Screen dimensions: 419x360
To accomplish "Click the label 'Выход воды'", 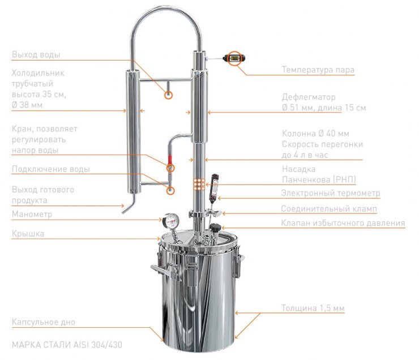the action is pyautogui.click(x=36, y=54).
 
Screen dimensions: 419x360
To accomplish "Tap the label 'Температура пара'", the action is pyautogui.click(x=318, y=70).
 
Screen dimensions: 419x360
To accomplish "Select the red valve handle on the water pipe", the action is pyautogui.click(x=170, y=160).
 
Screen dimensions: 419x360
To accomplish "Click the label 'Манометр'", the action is pyautogui.click(x=32, y=214).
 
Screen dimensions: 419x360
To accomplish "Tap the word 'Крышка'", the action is pyautogui.click(x=28, y=234).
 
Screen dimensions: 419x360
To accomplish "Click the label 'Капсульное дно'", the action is pyautogui.click(x=43, y=322).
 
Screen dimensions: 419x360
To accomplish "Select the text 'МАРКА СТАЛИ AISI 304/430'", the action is pyautogui.click(x=67, y=345).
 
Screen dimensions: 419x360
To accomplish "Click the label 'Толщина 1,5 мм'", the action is pyautogui.click(x=313, y=308).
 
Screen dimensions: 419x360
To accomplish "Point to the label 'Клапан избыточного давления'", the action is pyautogui.click(x=343, y=222).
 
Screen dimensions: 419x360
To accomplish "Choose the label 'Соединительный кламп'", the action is pyautogui.click(x=329, y=208).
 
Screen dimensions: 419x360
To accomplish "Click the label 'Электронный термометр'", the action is pyautogui.click(x=331, y=193).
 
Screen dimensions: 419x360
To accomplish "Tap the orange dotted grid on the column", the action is pyautogui.click(x=199, y=185).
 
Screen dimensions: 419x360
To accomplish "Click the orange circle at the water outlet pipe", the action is pyautogui.click(x=168, y=95).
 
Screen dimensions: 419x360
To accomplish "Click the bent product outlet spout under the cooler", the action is pyautogui.click(x=129, y=204).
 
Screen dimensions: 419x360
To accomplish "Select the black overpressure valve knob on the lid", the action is pyautogui.click(x=215, y=228).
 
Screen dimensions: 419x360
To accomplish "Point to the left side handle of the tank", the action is pyautogui.click(x=160, y=270).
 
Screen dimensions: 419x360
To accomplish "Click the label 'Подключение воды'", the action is pyautogui.click(x=51, y=169).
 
